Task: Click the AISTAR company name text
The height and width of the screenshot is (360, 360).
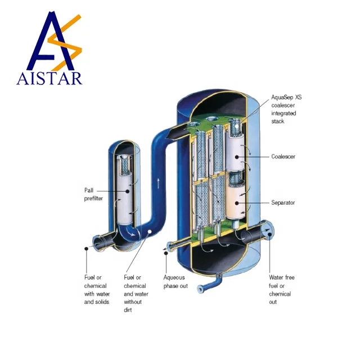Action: [x=49, y=77]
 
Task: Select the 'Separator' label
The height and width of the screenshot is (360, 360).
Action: [x=283, y=202]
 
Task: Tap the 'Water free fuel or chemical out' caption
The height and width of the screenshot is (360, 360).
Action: [x=281, y=290]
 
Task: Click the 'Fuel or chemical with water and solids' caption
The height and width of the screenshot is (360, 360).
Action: [x=97, y=290]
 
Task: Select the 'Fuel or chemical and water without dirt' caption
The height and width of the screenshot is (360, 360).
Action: [x=137, y=294]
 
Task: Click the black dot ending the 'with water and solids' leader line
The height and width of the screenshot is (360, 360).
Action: [x=87, y=247]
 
